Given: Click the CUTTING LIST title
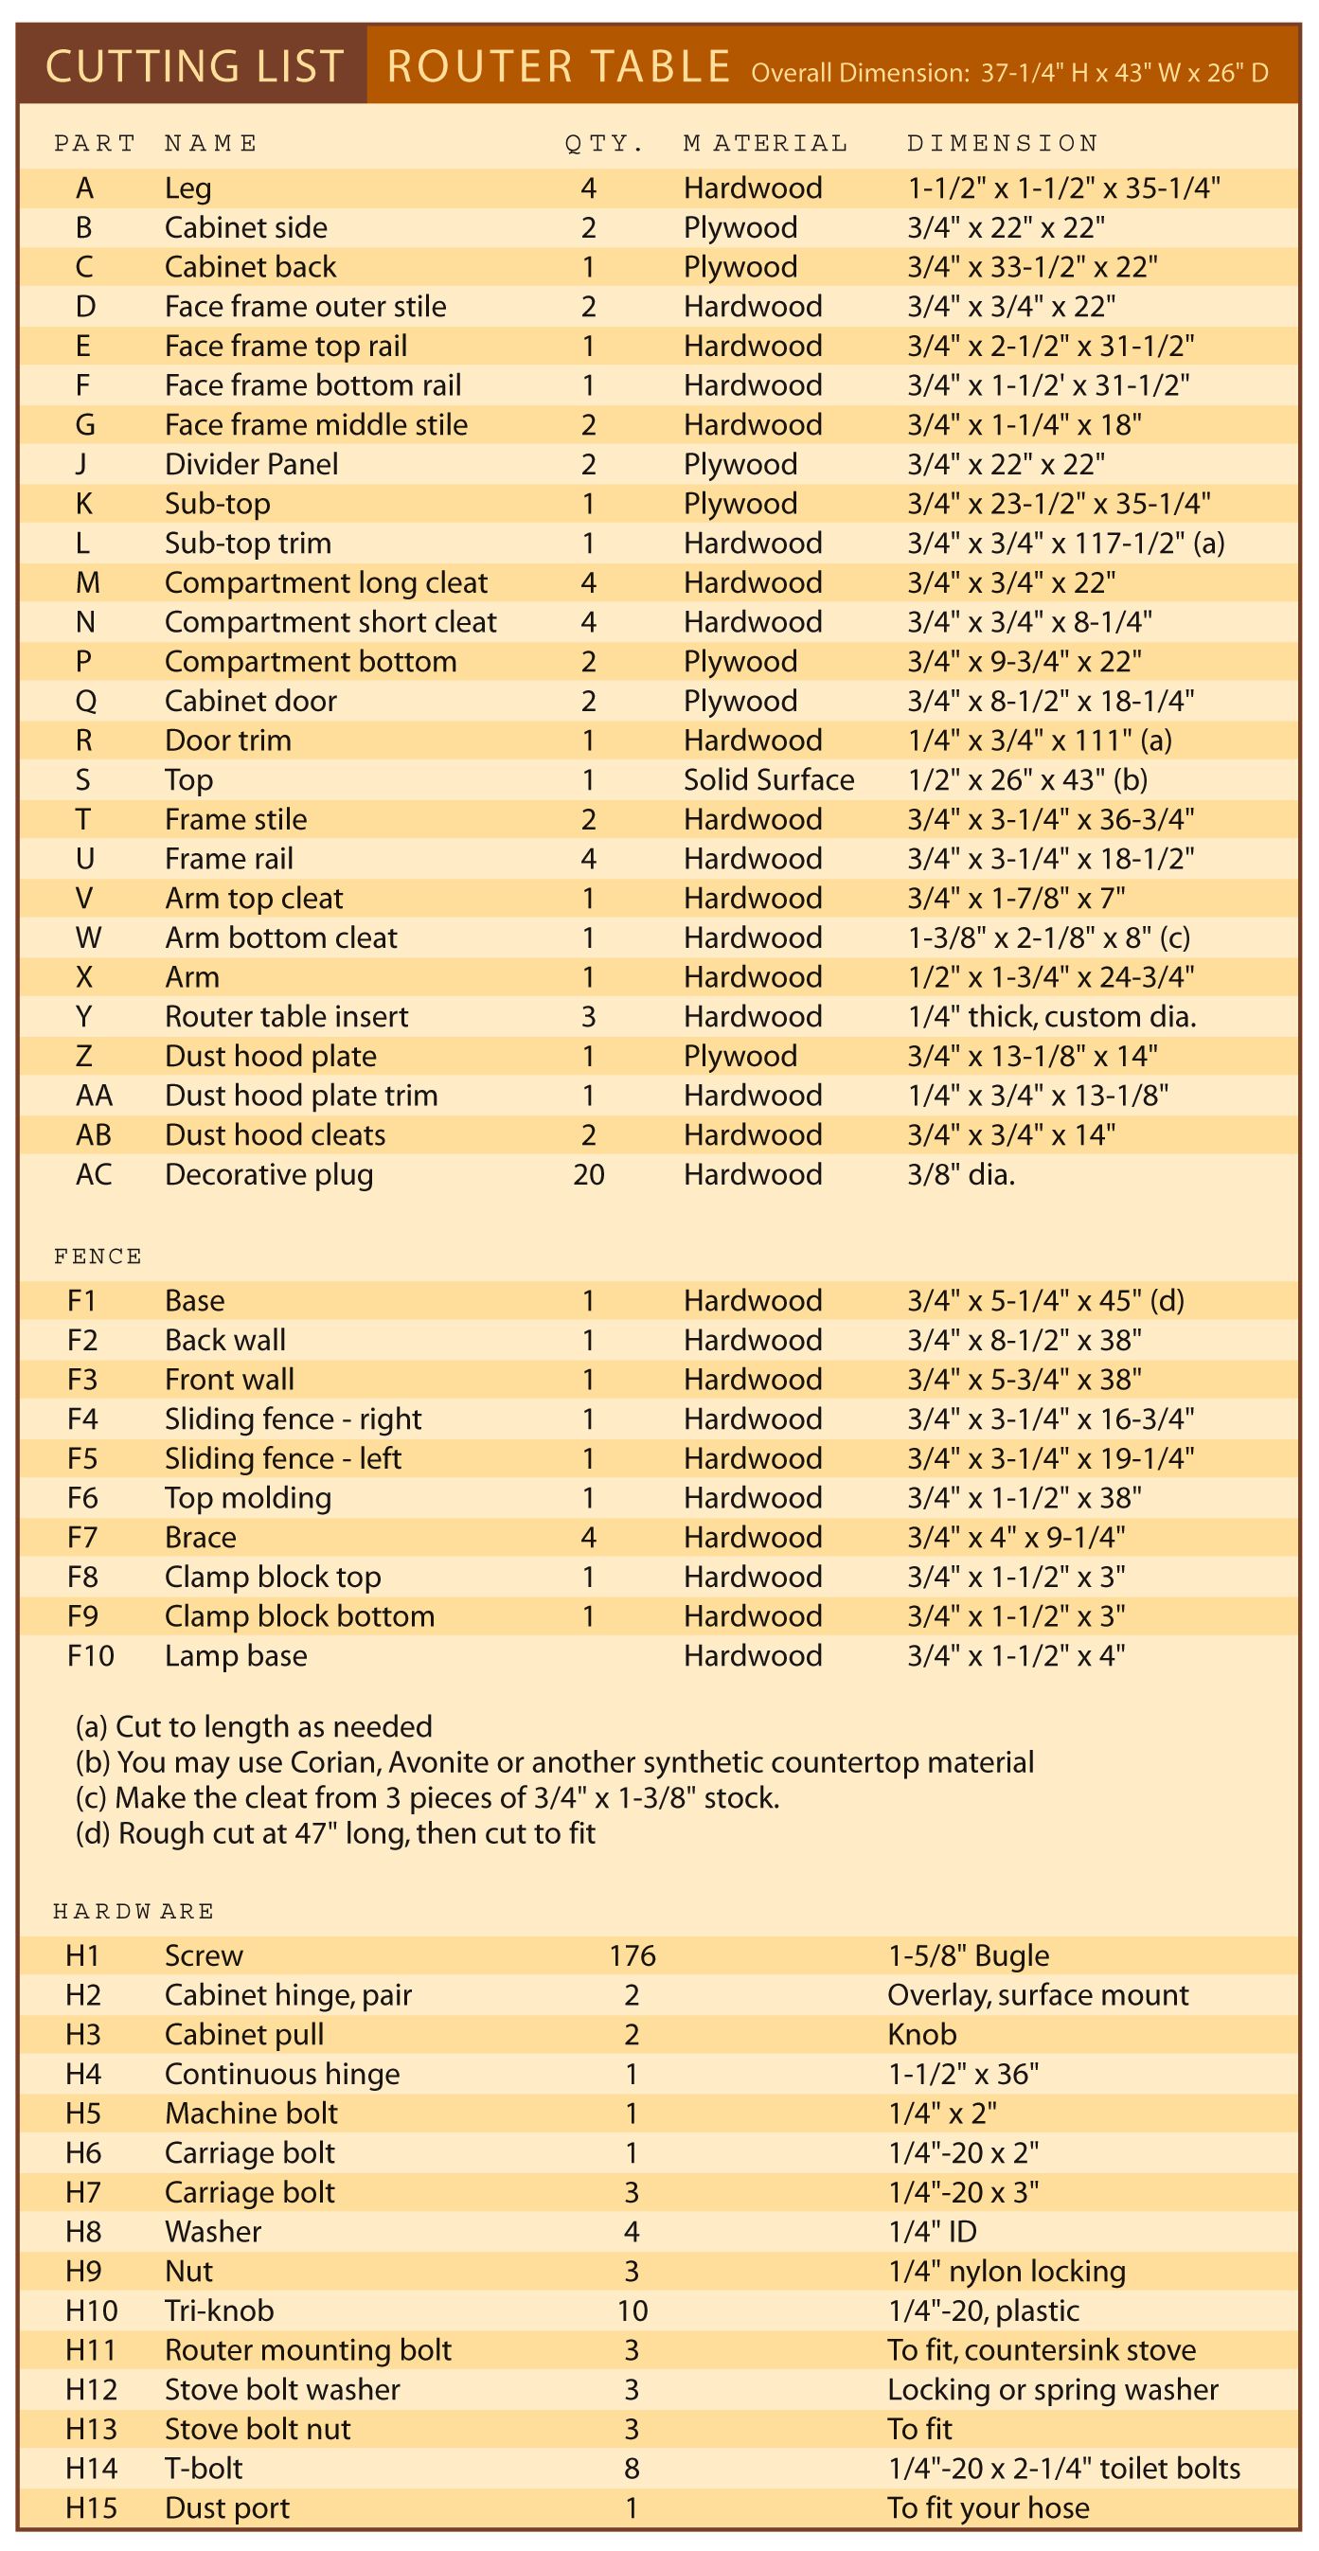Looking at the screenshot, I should [x=194, y=66].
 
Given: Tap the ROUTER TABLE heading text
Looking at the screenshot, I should [x=559, y=66].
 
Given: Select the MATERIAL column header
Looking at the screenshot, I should [x=765, y=144].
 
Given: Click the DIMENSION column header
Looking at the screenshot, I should [x=1002, y=144].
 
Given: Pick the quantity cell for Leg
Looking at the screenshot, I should [x=588, y=188].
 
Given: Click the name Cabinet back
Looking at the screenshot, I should [x=251, y=267].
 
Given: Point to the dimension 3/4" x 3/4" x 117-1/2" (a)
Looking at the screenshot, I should [x=1065, y=544].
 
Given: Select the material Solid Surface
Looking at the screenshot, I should [x=769, y=780].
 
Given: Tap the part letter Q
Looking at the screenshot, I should [x=85, y=701].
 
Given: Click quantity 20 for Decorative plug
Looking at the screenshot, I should [x=588, y=1174].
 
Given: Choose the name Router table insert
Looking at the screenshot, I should [x=286, y=1017].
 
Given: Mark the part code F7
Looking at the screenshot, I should [x=82, y=1538].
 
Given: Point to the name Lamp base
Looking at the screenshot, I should [x=236, y=1656].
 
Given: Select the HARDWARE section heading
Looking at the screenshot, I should [x=134, y=1910].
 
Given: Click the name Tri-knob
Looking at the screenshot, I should [x=219, y=2310].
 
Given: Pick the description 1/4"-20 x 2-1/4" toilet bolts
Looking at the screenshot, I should [x=1063, y=2469].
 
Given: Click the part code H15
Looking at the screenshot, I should [x=91, y=2508].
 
